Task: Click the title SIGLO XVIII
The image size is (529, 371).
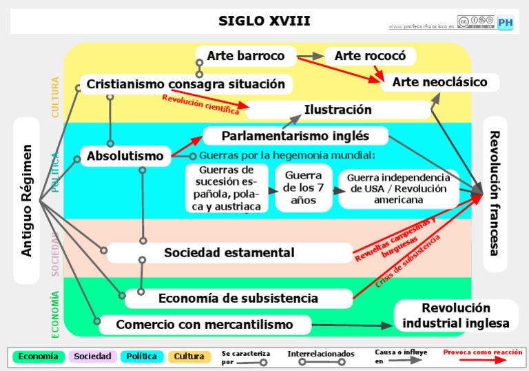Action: [264, 21]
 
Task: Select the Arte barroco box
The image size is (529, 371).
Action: [246, 55]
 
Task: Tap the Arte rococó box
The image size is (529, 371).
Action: [370, 56]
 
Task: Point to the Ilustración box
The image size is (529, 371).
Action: [338, 110]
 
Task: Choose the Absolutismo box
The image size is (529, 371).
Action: [125, 156]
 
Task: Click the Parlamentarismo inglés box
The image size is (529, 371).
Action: [295, 135]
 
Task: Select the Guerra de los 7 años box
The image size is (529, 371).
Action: [303, 188]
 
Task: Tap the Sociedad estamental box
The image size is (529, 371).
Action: [229, 253]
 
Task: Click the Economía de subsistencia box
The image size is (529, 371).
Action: [238, 299]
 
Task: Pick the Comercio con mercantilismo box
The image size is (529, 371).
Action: [205, 324]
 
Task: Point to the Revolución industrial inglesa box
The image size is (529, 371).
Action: [456, 316]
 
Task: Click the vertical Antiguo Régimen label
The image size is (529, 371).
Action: [27, 200]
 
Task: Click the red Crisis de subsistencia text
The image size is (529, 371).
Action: [408, 263]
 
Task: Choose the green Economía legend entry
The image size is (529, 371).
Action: [39, 357]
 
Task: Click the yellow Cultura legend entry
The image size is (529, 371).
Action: [189, 357]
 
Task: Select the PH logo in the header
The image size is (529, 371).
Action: [506, 22]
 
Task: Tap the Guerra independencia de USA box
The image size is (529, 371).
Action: [399, 188]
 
